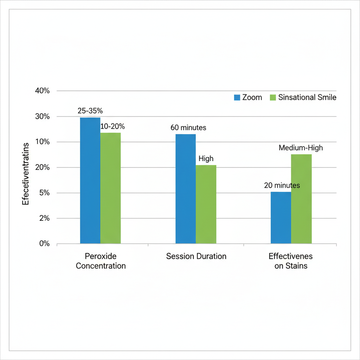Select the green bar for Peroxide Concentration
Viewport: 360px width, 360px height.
pyautogui.click(x=110, y=188)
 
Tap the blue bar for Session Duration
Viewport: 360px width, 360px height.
pyautogui.click(x=186, y=189)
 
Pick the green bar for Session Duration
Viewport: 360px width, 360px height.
pyautogui.click(x=206, y=204)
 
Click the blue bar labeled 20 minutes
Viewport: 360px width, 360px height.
pyautogui.click(x=281, y=218)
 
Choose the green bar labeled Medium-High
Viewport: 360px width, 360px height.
pyautogui.click(x=301, y=199)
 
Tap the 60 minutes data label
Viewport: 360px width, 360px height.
pyautogui.click(x=188, y=128)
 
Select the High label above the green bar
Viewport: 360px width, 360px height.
pyautogui.click(x=206, y=159)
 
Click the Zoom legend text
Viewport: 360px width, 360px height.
pyautogui.click(x=252, y=98)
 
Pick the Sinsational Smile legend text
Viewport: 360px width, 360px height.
pyautogui.click(x=307, y=98)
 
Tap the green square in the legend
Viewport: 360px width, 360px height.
pyautogui.click(x=273, y=98)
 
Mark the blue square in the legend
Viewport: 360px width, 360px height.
pyautogui.click(x=237, y=98)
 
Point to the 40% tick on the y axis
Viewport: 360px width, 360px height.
pyautogui.click(x=43, y=91)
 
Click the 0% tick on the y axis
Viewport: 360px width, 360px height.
pyautogui.click(x=44, y=244)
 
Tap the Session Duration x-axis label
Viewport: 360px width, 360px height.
pyautogui.click(x=196, y=256)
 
